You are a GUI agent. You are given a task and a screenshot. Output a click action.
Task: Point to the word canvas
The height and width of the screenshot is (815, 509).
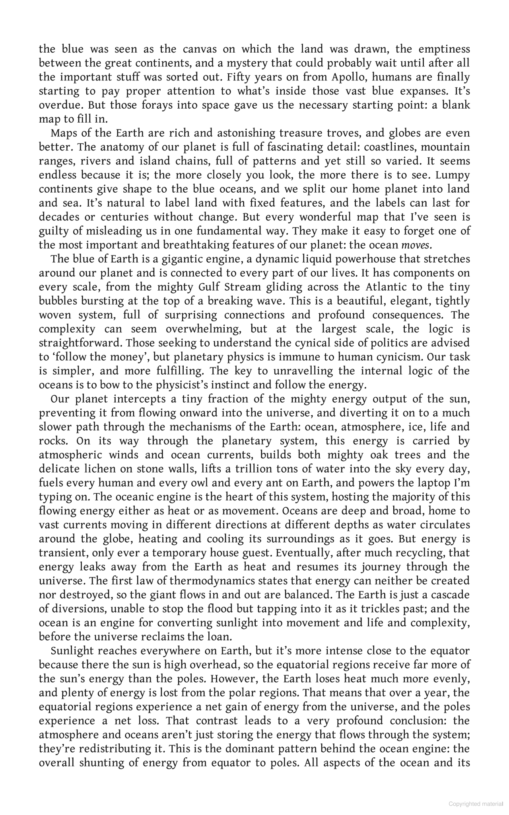click(x=202, y=49)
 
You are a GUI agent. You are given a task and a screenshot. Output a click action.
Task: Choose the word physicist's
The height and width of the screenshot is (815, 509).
click(x=216, y=385)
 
